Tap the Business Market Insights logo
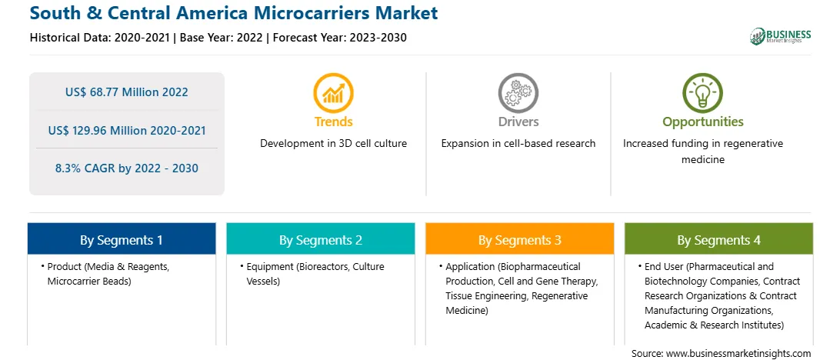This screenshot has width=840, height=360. (x=781, y=36)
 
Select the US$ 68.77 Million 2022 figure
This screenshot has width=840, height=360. (x=126, y=92)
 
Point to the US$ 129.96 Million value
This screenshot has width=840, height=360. (x=126, y=130)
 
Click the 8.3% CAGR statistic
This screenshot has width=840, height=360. (x=126, y=168)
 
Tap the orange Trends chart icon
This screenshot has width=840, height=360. (x=333, y=93)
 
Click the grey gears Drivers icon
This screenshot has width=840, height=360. (x=518, y=93)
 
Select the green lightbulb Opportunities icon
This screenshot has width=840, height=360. (x=702, y=93)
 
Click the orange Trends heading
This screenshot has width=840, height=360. (x=333, y=122)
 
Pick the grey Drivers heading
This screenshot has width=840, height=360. (x=518, y=122)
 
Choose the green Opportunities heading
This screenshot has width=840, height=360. (x=703, y=122)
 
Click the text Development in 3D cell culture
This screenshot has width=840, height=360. (x=333, y=144)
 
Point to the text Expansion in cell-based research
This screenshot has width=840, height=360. (x=518, y=144)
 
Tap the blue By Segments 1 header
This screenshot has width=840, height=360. (x=122, y=239)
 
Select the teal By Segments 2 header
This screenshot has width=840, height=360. (x=320, y=239)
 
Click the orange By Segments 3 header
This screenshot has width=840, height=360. (x=520, y=239)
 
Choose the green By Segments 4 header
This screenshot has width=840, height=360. (x=718, y=239)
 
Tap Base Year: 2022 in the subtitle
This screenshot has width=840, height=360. (x=222, y=38)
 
